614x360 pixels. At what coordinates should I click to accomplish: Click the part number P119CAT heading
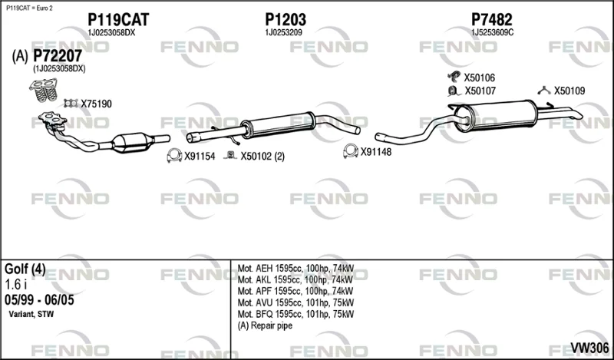point(118,19)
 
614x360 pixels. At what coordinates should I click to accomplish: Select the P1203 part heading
point(286,19)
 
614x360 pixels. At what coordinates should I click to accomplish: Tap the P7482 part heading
point(491,19)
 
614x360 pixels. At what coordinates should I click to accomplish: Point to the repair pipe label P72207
point(58,56)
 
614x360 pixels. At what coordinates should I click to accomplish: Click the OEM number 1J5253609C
point(492,33)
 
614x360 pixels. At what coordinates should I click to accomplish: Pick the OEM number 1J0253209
point(283,33)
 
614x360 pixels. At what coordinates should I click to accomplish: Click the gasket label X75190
point(97,104)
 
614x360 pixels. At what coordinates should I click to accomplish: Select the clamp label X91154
point(200,157)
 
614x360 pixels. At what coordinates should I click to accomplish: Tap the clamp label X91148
point(376,152)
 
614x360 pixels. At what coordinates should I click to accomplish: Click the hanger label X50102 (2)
point(262,157)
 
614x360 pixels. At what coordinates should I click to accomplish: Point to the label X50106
point(479,78)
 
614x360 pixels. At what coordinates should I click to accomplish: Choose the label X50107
point(480,91)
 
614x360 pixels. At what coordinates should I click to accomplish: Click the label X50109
point(569,91)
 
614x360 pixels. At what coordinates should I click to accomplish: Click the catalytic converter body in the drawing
point(132,143)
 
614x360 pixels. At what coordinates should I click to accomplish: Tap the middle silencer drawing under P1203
point(278,124)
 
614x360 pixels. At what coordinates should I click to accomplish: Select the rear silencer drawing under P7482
point(497,116)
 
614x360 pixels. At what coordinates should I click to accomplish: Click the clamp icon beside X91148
point(351,151)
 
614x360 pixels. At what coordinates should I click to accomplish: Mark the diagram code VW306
point(589,348)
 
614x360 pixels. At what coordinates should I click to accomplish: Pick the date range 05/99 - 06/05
point(39,300)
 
